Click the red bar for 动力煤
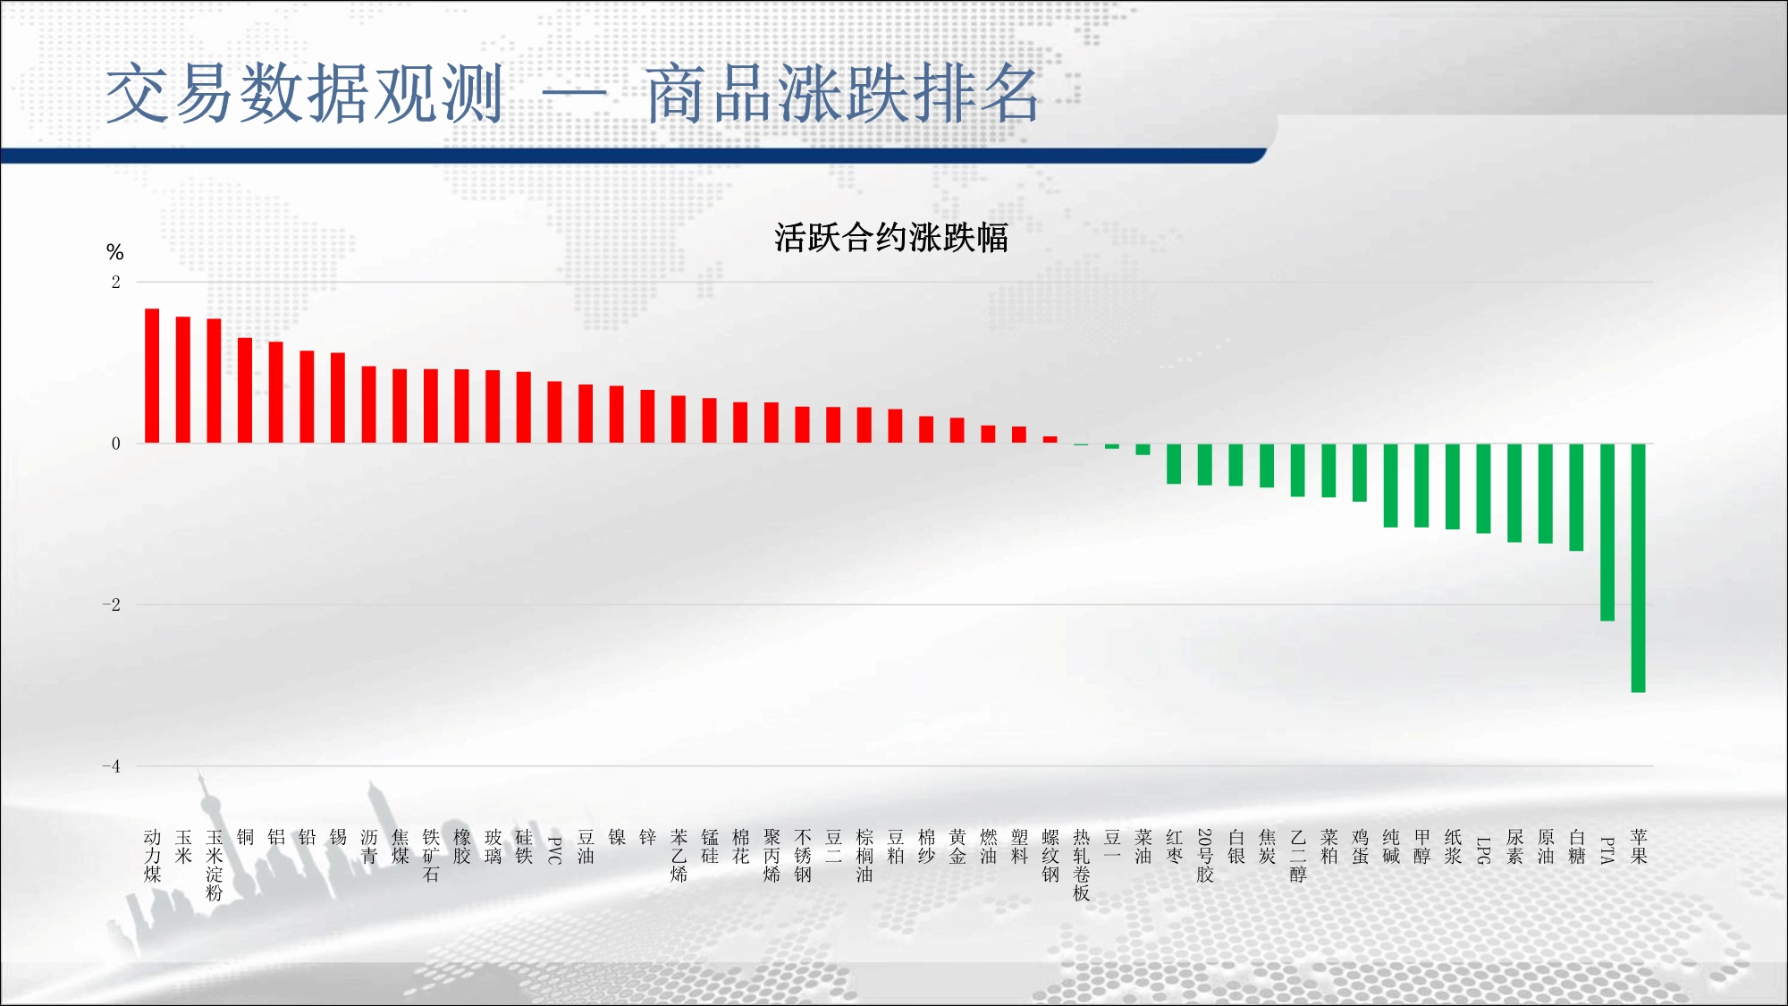(x=152, y=376)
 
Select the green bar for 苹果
(x=1638, y=568)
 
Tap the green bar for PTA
(x=1607, y=532)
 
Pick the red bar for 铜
(x=245, y=390)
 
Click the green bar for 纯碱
(x=1390, y=486)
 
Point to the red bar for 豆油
(x=586, y=413)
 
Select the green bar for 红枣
(x=1174, y=463)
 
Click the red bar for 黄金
(x=957, y=430)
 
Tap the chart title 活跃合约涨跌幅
(x=891, y=238)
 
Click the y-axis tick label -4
(x=111, y=765)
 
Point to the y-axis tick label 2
(x=115, y=282)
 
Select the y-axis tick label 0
(x=115, y=444)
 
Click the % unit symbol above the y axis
(x=114, y=252)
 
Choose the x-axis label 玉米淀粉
(x=215, y=865)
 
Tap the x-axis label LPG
(x=1484, y=850)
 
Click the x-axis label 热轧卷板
(x=1082, y=865)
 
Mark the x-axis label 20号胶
(x=1205, y=856)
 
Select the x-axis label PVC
(x=554, y=850)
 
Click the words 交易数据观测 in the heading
(x=305, y=93)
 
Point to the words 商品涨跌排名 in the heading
(x=842, y=93)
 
